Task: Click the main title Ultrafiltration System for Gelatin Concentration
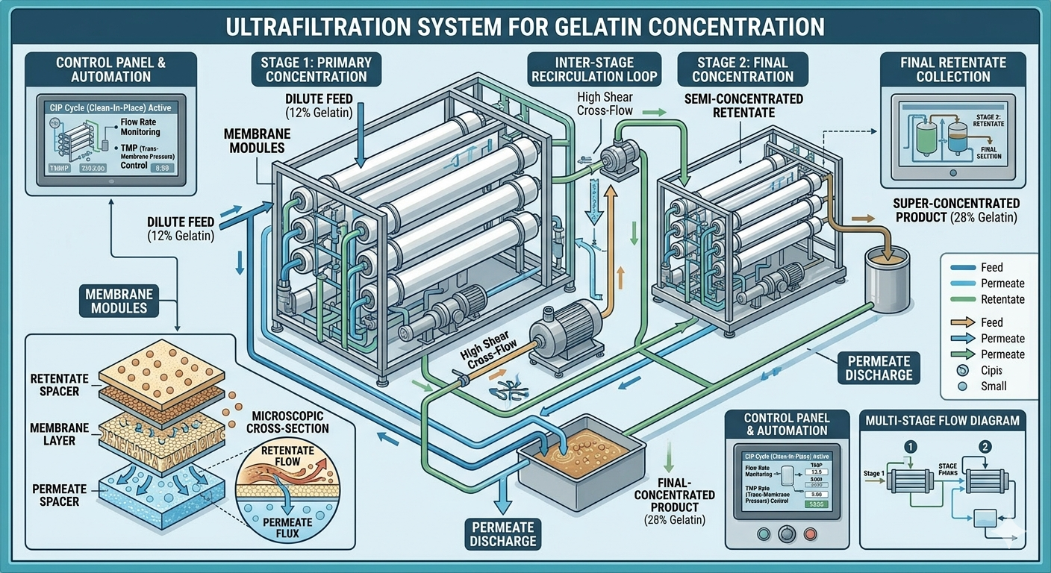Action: click(x=525, y=27)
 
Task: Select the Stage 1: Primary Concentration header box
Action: click(x=316, y=69)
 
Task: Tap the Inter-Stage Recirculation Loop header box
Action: click(x=593, y=69)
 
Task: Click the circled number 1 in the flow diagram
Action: click(x=910, y=446)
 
